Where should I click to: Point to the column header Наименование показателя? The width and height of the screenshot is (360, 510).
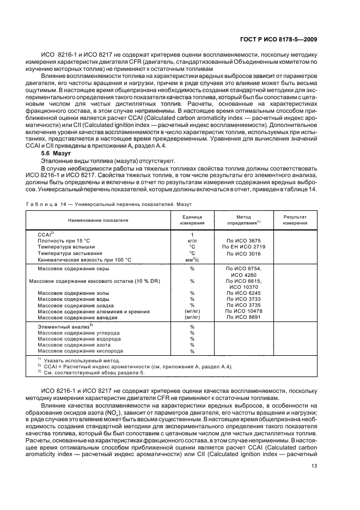pos(98,220)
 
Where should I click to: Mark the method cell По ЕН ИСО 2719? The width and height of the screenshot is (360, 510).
pos(243,247)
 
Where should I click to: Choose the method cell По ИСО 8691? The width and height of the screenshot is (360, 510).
pos(243,317)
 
